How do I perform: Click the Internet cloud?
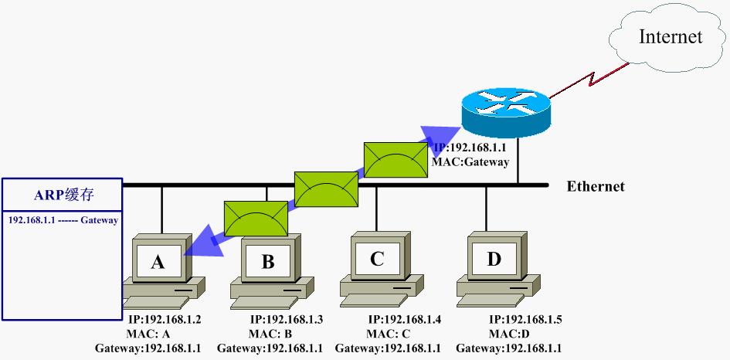point(669,36)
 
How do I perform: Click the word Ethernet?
point(596,186)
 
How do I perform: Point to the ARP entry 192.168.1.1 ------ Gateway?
point(63,220)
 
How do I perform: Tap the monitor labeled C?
point(377,259)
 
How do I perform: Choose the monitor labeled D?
point(494,259)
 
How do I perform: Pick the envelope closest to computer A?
point(256,217)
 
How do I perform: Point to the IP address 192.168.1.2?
point(164,319)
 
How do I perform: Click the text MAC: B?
point(270,334)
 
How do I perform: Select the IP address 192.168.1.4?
point(404,319)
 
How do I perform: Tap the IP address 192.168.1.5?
point(525,319)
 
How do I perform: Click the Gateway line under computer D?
point(508,348)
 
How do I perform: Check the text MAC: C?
point(388,334)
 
